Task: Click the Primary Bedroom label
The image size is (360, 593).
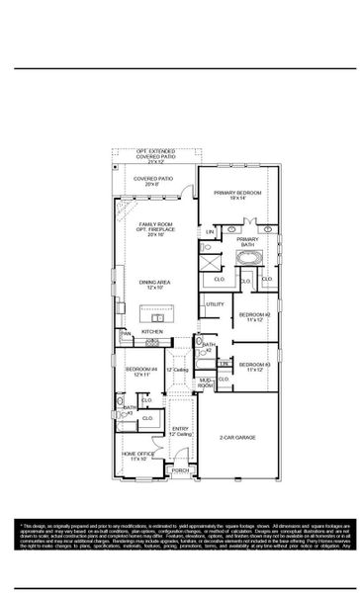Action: [x=246, y=195]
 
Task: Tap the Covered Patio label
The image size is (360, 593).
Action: [x=153, y=181]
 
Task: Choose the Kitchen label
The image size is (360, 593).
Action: [x=152, y=331]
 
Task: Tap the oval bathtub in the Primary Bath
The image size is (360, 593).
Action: [x=247, y=259]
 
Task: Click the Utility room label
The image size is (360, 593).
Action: [x=215, y=304]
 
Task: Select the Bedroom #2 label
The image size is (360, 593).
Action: [x=253, y=318]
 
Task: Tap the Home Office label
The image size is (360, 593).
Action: [x=137, y=457]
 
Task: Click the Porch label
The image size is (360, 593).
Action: [x=180, y=470]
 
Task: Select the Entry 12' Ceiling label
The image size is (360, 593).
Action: [x=180, y=432]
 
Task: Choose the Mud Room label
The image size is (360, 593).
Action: [x=205, y=382]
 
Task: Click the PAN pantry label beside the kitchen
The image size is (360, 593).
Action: [x=126, y=334]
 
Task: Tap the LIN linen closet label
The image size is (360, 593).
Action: [x=210, y=231]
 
